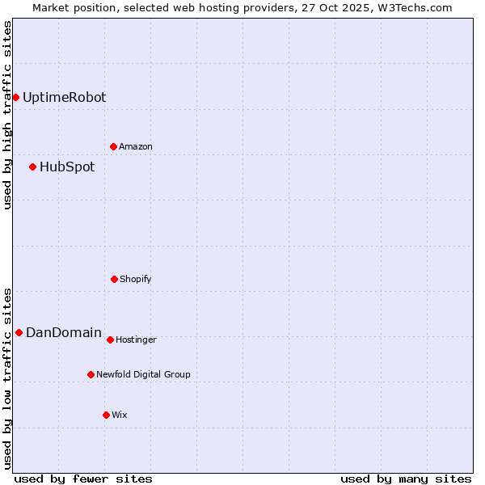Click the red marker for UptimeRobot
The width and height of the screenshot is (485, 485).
15,97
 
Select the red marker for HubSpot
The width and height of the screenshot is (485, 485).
32,167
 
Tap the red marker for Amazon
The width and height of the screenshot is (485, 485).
113,146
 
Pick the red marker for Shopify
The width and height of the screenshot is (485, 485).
114,279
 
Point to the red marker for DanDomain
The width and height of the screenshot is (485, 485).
19,332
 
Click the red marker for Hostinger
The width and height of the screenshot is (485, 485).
110,339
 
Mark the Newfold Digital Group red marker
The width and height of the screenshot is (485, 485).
91,374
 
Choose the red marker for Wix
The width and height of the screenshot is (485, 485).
106,415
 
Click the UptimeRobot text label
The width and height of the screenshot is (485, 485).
64,97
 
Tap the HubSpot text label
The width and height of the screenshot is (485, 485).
67,167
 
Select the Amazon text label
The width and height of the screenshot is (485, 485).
136,146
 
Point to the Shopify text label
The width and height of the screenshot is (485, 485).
136,279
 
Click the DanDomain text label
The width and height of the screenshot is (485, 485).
64,332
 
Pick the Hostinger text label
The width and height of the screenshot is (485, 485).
136,339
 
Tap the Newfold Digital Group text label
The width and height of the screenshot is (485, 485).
143,374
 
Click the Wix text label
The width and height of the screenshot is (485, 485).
120,415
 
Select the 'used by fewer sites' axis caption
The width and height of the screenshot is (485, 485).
83,479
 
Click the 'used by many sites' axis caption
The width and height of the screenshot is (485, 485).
406,479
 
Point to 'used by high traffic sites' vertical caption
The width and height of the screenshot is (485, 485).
7,115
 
